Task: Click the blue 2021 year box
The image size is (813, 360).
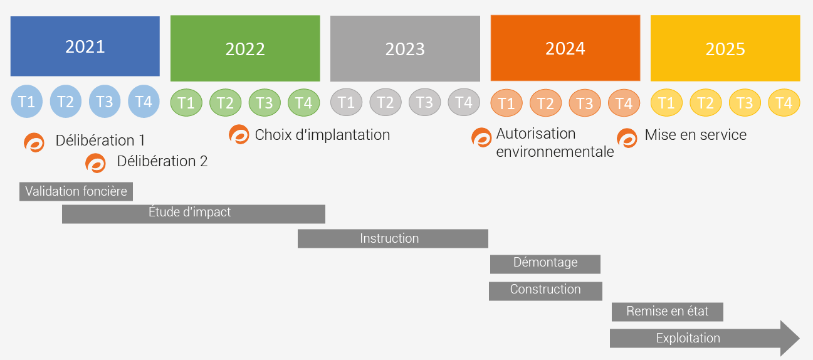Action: pos(85,46)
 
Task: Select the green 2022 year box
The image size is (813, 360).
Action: pos(245,48)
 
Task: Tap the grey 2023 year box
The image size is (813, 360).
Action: pos(405,48)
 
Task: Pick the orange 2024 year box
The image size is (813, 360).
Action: pos(565,48)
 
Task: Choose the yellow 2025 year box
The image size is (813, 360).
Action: pos(725,48)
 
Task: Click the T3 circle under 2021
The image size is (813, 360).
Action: pos(105,102)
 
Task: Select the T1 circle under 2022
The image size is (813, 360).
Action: pos(186,103)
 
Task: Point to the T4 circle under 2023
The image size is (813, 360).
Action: pos(464,102)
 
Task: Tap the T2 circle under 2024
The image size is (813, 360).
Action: pos(545,103)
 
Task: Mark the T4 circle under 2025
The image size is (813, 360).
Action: pos(784,103)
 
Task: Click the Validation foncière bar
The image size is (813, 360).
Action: pos(76,191)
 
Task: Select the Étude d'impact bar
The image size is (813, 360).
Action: pos(194,214)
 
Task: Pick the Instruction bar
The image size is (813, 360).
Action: pos(392,239)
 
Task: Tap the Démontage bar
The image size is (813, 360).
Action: pos(545,264)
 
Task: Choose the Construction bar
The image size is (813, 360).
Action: pos(545,291)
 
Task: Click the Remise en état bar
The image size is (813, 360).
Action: pos(668,312)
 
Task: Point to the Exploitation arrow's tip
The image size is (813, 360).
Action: pos(799,338)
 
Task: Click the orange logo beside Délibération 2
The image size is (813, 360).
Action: pos(95,163)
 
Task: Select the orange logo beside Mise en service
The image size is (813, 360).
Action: pos(627,138)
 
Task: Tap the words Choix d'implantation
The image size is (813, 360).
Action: pos(322,135)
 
